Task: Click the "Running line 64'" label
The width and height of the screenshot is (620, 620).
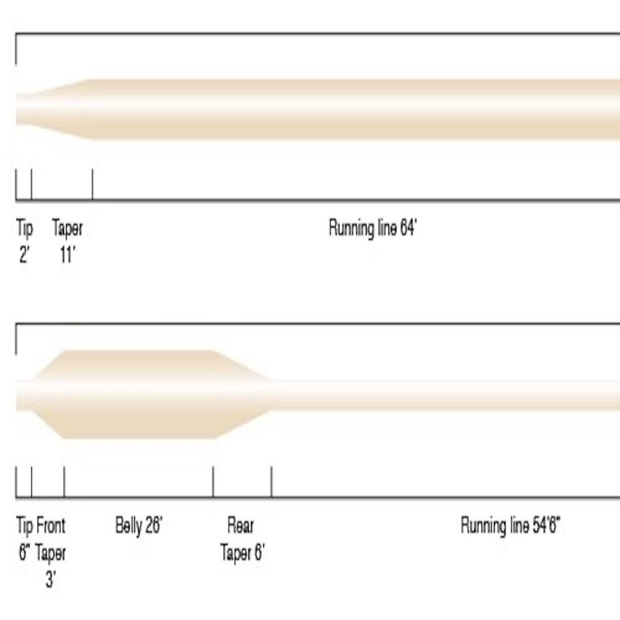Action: click(x=373, y=228)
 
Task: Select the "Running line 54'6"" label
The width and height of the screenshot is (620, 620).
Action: click(x=510, y=525)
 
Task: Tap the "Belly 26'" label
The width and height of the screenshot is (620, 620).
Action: click(x=139, y=525)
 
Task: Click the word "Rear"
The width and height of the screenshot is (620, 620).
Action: click(x=241, y=525)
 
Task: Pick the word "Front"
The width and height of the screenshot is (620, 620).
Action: click(x=51, y=525)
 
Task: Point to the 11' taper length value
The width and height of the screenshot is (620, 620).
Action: click(x=67, y=255)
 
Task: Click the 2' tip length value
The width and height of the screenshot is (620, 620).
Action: click(x=24, y=255)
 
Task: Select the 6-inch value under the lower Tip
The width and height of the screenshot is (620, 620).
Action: click(x=25, y=552)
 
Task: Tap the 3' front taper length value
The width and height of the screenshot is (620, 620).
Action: click(x=50, y=579)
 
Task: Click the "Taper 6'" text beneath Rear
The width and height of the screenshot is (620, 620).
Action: click(x=242, y=552)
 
